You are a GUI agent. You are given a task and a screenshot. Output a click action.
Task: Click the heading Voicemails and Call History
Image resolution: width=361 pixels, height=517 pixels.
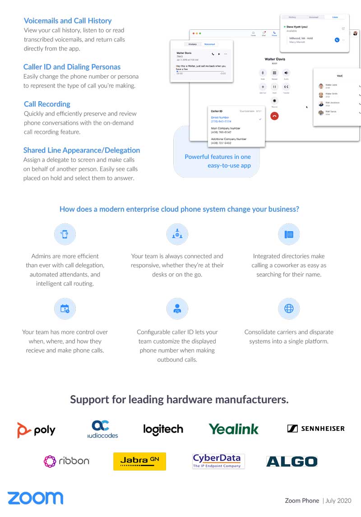pyautogui.click(x=68, y=21)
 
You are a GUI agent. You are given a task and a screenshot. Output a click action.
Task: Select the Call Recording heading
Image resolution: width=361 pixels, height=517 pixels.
pyautogui.click(x=47, y=104)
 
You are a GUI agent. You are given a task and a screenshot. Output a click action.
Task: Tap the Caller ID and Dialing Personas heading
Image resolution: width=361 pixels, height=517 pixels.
pyautogui.click(x=72, y=67)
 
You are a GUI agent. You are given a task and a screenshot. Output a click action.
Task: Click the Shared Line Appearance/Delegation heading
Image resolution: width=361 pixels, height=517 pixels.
pyautogui.click(x=82, y=150)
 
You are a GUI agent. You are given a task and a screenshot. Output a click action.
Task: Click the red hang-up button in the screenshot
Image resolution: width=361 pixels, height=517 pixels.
pyautogui.click(x=274, y=116)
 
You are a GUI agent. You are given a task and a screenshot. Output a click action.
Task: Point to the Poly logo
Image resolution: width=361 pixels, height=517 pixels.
pyautogui.click(x=37, y=430)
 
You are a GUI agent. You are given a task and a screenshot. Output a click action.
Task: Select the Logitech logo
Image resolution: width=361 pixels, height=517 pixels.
pyautogui.click(x=163, y=429)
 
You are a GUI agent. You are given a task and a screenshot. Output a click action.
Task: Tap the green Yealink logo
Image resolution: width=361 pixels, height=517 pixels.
pyautogui.click(x=233, y=429)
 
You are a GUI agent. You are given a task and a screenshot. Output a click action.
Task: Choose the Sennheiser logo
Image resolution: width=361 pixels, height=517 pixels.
pyautogui.click(x=316, y=429)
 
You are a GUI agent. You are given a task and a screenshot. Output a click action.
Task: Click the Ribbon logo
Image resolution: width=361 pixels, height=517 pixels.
pyautogui.click(x=67, y=461)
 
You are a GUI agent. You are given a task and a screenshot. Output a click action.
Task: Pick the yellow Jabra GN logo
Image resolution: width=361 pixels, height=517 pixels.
pyautogui.click(x=139, y=461)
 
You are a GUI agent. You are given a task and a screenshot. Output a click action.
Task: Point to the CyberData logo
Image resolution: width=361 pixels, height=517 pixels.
pyautogui.click(x=218, y=461)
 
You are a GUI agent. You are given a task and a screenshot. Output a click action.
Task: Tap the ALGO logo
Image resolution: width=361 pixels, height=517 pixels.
pyautogui.click(x=292, y=461)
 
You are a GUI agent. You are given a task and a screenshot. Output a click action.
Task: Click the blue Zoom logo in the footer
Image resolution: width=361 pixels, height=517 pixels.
pyautogui.click(x=35, y=498)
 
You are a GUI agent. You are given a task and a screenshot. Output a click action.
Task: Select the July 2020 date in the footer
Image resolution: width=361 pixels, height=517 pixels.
pyautogui.click(x=337, y=500)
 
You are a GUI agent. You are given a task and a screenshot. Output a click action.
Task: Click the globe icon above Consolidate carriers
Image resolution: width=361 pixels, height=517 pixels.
pyautogui.click(x=289, y=309)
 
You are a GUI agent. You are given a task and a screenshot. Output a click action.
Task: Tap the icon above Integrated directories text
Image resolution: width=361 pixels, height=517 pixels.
pyautogui.click(x=289, y=234)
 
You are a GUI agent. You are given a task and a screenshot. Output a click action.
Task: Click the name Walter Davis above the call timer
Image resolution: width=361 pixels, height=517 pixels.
pyautogui.click(x=275, y=59)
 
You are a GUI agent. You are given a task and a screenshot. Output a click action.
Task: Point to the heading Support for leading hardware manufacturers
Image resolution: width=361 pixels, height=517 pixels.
pyautogui.click(x=179, y=400)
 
